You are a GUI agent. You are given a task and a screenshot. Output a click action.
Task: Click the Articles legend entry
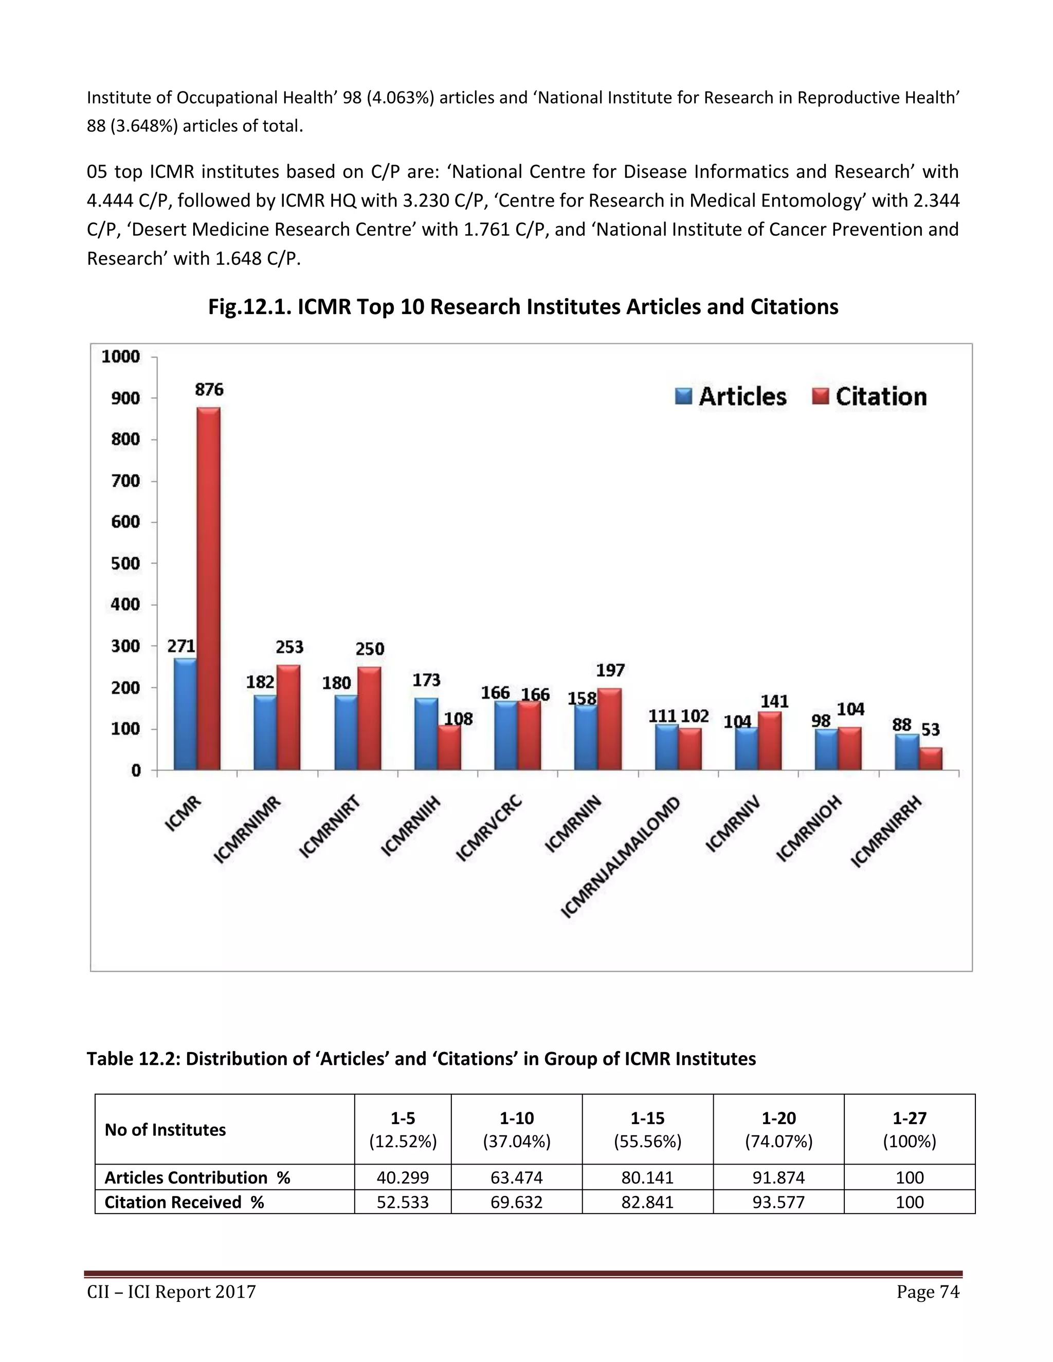coord(731,397)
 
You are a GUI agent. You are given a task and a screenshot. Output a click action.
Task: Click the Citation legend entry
coord(869,397)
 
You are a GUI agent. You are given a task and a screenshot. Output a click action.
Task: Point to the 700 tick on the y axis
coord(125,481)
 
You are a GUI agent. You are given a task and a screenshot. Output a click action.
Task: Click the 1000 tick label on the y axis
coord(121,357)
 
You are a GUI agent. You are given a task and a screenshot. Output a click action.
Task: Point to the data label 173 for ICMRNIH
coord(426,680)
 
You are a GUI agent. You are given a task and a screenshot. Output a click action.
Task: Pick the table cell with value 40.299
coord(403,1177)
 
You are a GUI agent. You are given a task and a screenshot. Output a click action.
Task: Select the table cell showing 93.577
coord(778,1202)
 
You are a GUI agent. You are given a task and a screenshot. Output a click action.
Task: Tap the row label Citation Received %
coord(184,1202)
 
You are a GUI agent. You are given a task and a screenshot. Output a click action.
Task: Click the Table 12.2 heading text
coord(421,1058)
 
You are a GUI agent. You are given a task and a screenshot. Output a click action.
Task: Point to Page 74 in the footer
coord(928,1292)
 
